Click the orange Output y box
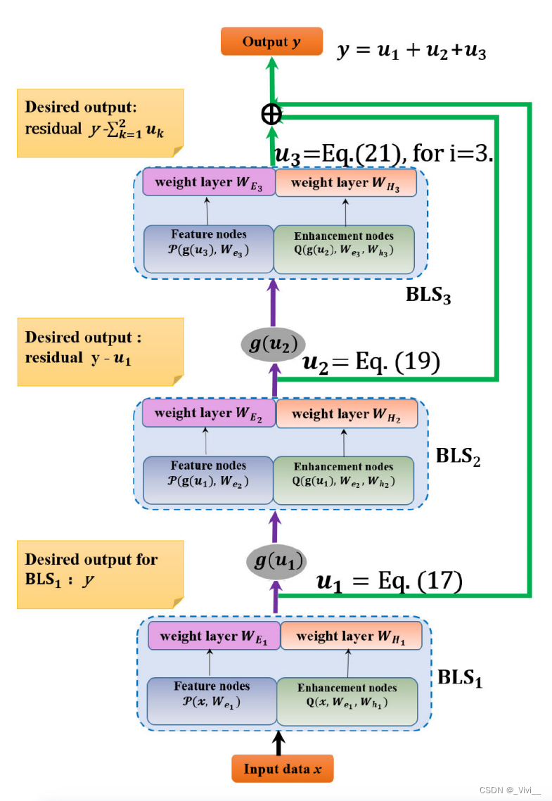pos(271,41)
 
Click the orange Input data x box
pos(282,769)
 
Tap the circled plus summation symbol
pos(271,113)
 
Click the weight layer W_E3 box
pos(207,183)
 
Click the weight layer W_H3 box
pos(345,183)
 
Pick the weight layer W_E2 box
pos(207,413)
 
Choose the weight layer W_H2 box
pos(346,414)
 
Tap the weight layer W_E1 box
pos(213,636)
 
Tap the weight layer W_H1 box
pos(350,636)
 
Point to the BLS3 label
pos(428,295)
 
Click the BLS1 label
pos(460,678)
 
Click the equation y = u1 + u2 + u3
pos(411,51)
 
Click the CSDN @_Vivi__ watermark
pos(510,790)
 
